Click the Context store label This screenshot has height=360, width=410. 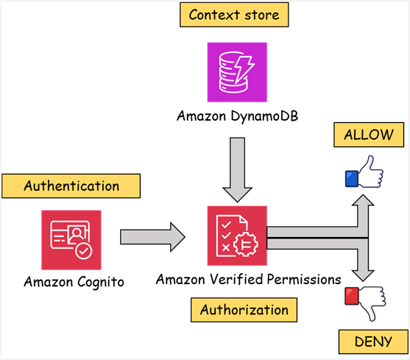[234, 15]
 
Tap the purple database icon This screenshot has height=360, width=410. [236, 71]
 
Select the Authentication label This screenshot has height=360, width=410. [71, 186]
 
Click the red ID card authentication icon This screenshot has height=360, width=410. [71, 239]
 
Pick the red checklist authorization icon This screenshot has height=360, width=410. [236, 236]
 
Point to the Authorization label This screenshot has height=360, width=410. [244, 310]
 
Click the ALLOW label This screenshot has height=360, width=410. [369, 135]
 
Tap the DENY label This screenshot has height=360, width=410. [372, 342]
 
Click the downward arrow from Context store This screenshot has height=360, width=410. [236, 169]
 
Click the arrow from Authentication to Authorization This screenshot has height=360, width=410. [152, 236]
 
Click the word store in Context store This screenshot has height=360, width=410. [261, 15]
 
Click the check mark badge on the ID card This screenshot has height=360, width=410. [84, 251]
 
